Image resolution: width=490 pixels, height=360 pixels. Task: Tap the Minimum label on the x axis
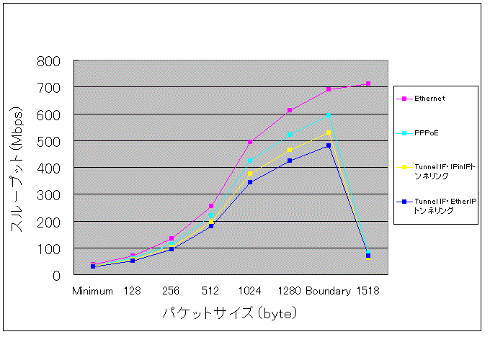tap(92, 292)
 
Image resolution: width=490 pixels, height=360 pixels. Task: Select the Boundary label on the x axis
tap(328, 292)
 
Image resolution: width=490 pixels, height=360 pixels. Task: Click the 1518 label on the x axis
tap(367, 292)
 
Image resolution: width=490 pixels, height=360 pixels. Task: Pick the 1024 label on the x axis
tap(249, 292)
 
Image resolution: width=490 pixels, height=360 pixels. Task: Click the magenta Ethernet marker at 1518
tap(368, 84)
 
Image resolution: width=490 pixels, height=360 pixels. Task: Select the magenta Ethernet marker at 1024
tap(250, 142)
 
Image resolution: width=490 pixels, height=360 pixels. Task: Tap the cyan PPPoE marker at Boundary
tap(329, 115)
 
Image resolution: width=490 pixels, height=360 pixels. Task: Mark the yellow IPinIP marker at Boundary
tap(329, 132)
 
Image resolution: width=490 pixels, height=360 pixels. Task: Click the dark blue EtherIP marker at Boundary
tap(329, 145)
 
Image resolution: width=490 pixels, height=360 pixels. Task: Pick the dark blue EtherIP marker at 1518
tap(368, 256)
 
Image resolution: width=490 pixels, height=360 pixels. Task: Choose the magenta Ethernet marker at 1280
tap(290, 110)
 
